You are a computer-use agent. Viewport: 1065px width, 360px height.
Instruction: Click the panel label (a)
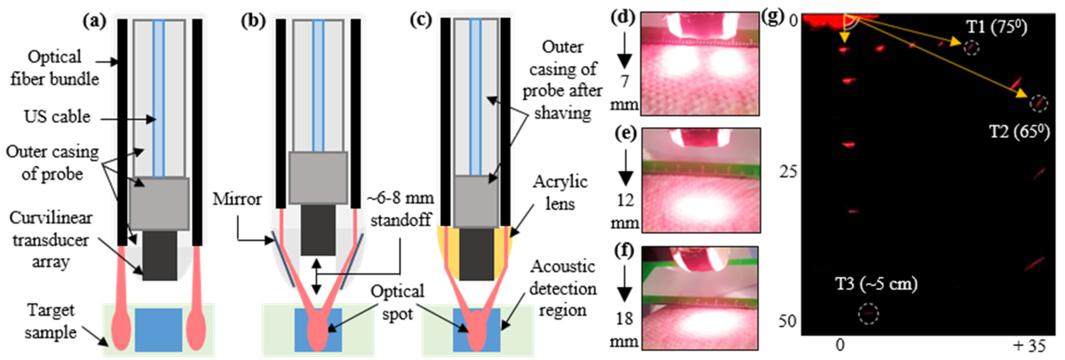pos(94,21)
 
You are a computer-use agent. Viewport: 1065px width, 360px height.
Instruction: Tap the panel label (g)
pos(772,17)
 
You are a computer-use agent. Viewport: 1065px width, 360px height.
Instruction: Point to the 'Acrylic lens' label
pos(560,192)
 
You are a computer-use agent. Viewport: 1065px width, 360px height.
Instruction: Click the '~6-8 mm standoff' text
pos(401,209)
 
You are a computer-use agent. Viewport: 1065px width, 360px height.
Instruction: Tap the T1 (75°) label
pos(996,27)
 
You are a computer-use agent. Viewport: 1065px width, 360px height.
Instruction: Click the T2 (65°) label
pos(1019,132)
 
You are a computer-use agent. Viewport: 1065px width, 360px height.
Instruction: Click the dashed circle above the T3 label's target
pos(868,314)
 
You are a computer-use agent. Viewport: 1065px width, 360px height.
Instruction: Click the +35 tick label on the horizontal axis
pos(1029,346)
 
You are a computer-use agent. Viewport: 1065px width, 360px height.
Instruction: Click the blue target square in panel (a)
pos(159,330)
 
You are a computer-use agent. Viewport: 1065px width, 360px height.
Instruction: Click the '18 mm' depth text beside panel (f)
pos(624,330)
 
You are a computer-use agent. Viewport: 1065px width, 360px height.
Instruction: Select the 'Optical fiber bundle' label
pos(55,68)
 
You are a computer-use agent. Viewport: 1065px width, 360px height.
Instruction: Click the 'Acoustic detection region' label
pos(563,288)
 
